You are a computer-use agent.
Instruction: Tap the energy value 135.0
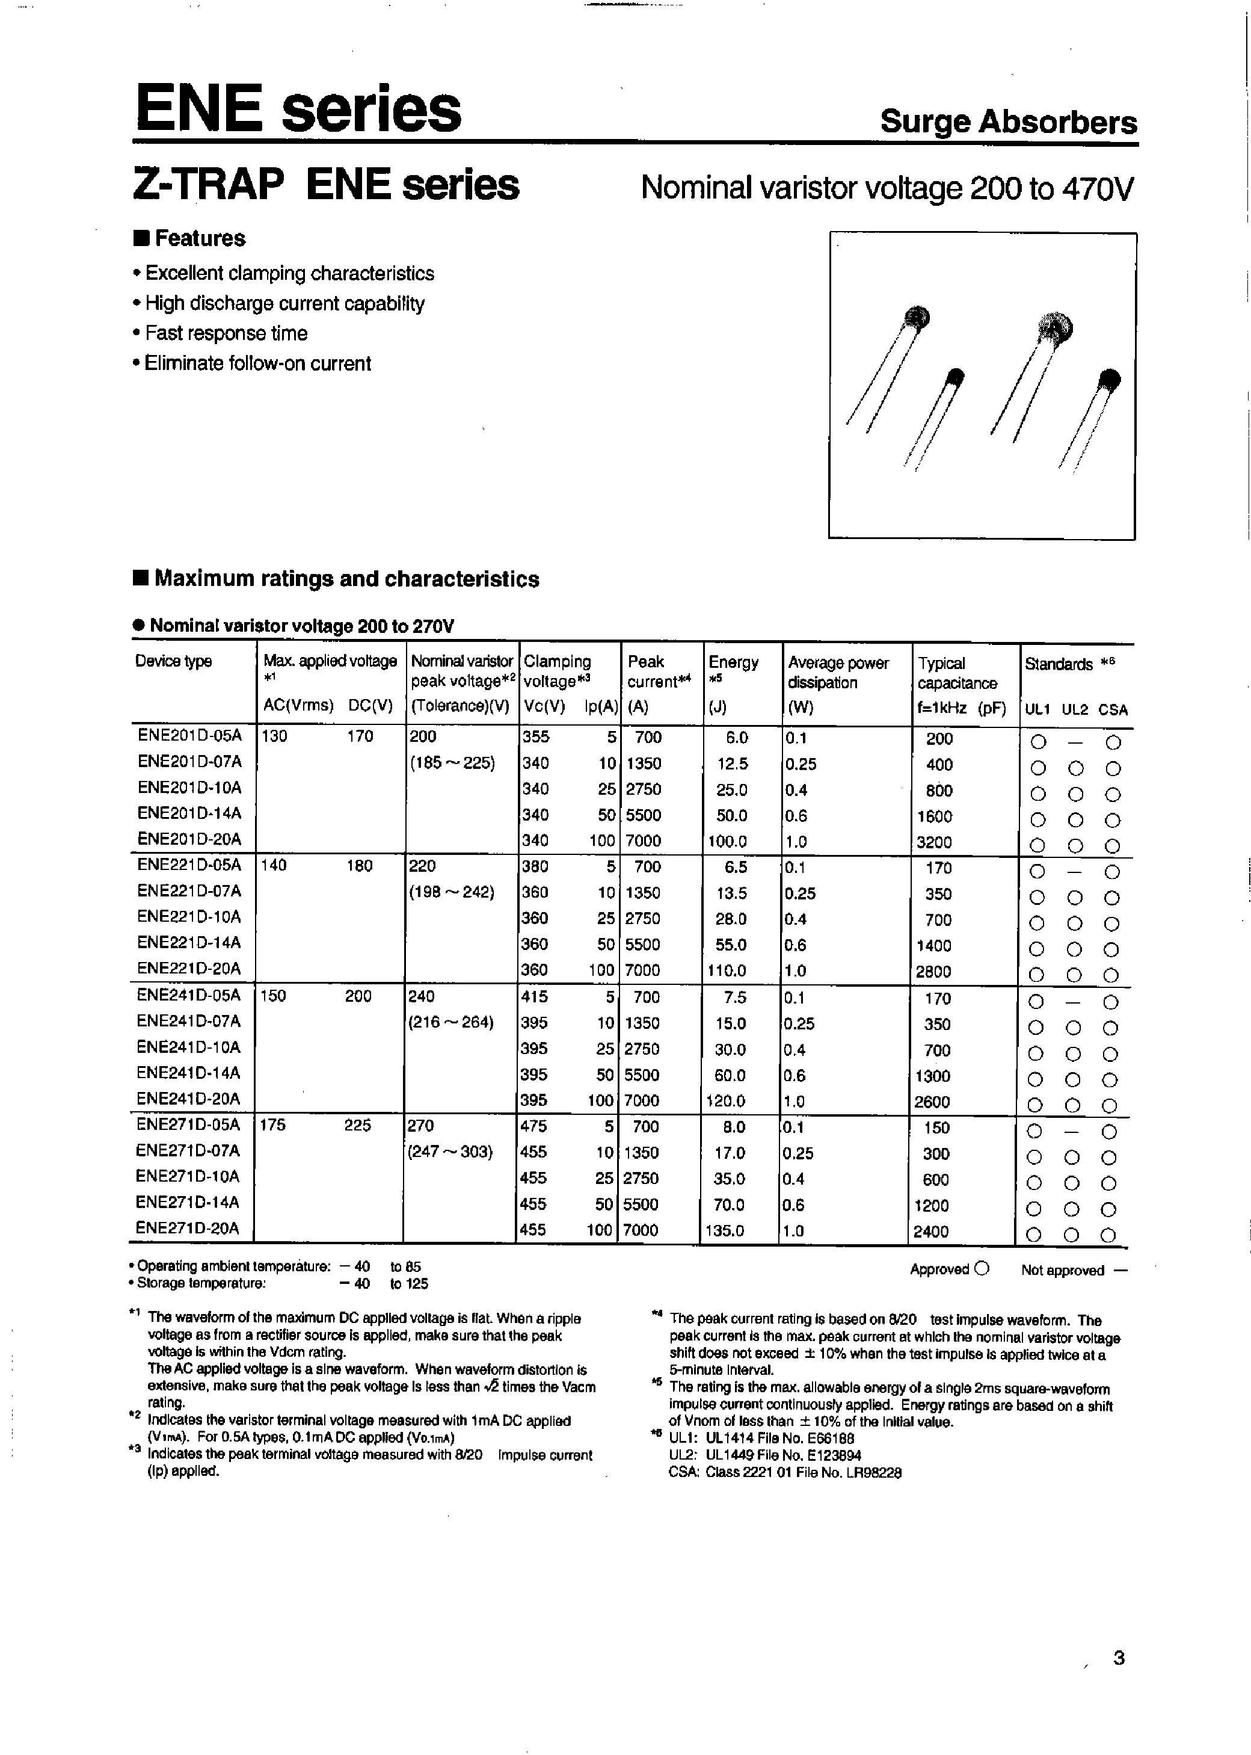point(725,1230)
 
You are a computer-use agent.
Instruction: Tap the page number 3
point(1119,1658)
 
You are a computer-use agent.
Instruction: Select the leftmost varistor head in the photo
point(917,316)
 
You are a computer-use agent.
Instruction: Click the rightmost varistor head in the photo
point(1109,379)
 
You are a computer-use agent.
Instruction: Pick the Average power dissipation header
point(837,673)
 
